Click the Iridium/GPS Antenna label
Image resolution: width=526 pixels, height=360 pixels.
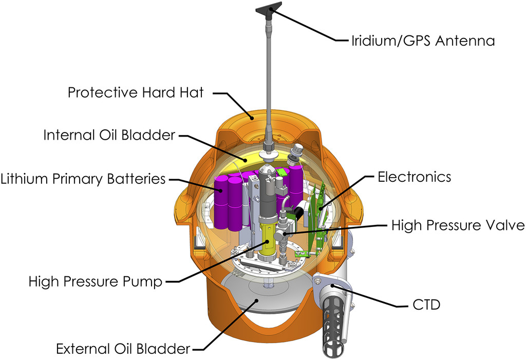[x=423, y=41]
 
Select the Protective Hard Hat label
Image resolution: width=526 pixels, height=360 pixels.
[x=136, y=93]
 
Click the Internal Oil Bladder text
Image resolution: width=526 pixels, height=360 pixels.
[x=109, y=135]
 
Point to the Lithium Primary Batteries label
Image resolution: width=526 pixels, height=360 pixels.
[x=83, y=179]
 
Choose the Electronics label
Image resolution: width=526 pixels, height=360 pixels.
[x=414, y=177]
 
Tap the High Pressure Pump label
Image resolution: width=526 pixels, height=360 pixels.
[x=96, y=281]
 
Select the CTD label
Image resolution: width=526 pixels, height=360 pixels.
[x=426, y=305]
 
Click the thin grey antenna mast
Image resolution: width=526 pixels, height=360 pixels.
[x=269, y=77]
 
